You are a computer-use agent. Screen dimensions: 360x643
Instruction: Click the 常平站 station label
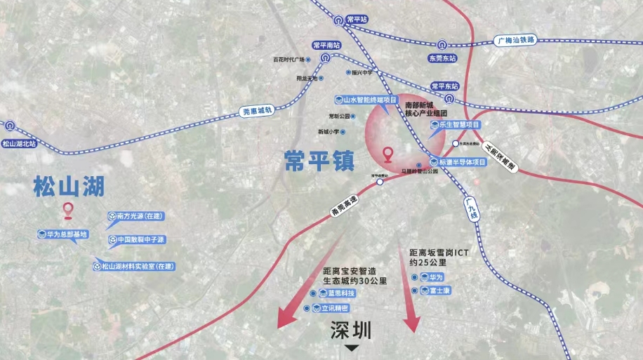[357, 20]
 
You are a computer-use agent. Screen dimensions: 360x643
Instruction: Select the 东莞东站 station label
[442, 58]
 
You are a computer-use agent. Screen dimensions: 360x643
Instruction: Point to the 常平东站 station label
[444, 86]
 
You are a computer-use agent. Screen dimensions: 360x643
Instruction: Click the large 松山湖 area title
[69, 187]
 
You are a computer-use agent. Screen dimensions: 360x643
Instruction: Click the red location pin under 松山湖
[68, 210]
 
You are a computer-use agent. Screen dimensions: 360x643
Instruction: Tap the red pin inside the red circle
[387, 154]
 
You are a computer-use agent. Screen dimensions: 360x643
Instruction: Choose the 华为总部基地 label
[63, 234]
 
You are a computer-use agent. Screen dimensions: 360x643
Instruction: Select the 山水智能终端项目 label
[367, 100]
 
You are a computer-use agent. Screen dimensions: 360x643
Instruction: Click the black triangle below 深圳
[352, 347]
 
